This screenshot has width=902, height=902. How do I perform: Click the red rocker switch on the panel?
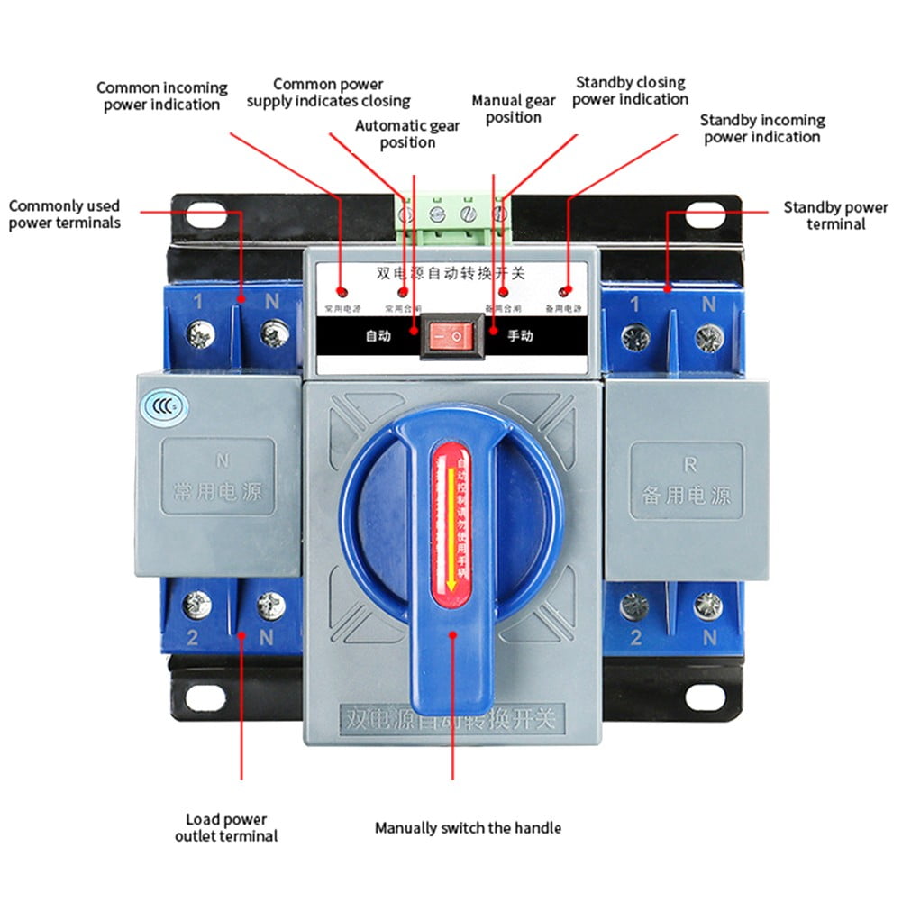click(448, 336)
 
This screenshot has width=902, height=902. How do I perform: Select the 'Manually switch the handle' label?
click(468, 827)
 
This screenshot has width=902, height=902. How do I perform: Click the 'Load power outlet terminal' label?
click(226, 827)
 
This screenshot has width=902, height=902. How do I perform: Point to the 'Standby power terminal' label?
click(835, 215)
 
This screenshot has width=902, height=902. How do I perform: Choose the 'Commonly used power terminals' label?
click(64, 214)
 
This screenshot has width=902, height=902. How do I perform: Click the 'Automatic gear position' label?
click(407, 134)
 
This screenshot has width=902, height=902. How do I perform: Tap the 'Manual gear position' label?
click(514, 108)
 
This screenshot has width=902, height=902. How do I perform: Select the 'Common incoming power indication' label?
click(162, 96)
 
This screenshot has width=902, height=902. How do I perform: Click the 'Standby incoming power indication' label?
click(762, 128)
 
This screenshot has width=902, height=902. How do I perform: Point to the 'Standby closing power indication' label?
click(630, 91)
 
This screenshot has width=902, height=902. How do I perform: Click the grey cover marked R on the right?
click(687, 479)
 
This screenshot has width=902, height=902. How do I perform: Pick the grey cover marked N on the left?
click(219, 478)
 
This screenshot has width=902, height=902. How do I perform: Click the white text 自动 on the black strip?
click(378, 337)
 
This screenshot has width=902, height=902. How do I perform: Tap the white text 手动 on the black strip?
click(520, 337)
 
